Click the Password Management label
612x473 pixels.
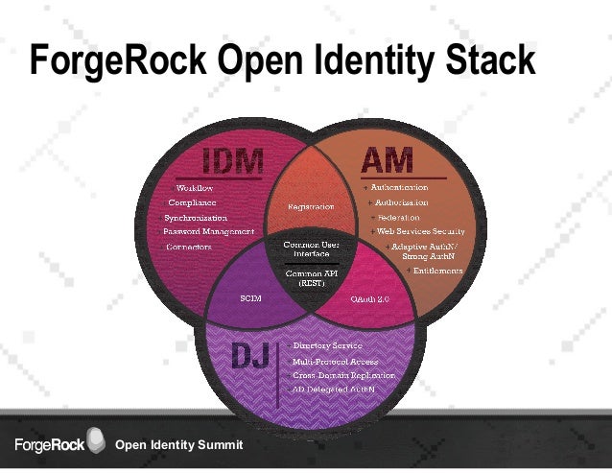pyautogui.click(x=208, y=231)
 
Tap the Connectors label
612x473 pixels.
pyautogui.click(x=189, y=247)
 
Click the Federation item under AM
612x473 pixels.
pyautogui.click(x=399, y=218)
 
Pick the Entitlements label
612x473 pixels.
pyautogui.click(x=437, y=271)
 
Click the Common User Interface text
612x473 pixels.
pyautogui.click(x=309, y=249)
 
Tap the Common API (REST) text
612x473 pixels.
pyautogui.click(x=309, y=278)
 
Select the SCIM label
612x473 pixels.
pyautogui.click(x=250, y=298)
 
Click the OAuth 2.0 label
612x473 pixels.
pyautogui.click(x=369, y=298)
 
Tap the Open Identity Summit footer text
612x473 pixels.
pyautogui.click(x=179, y=446)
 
